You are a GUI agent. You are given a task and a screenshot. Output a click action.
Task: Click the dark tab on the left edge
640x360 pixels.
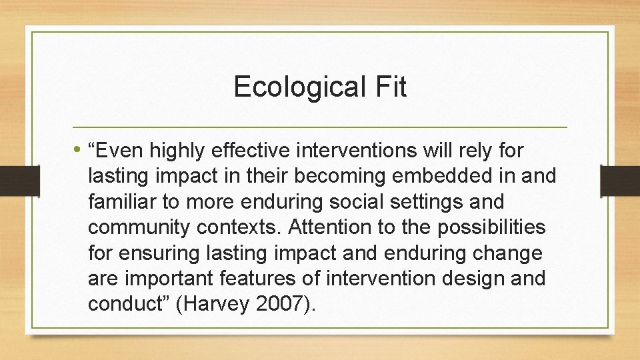10,180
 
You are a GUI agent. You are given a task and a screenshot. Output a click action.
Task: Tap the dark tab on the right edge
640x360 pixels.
620,180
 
